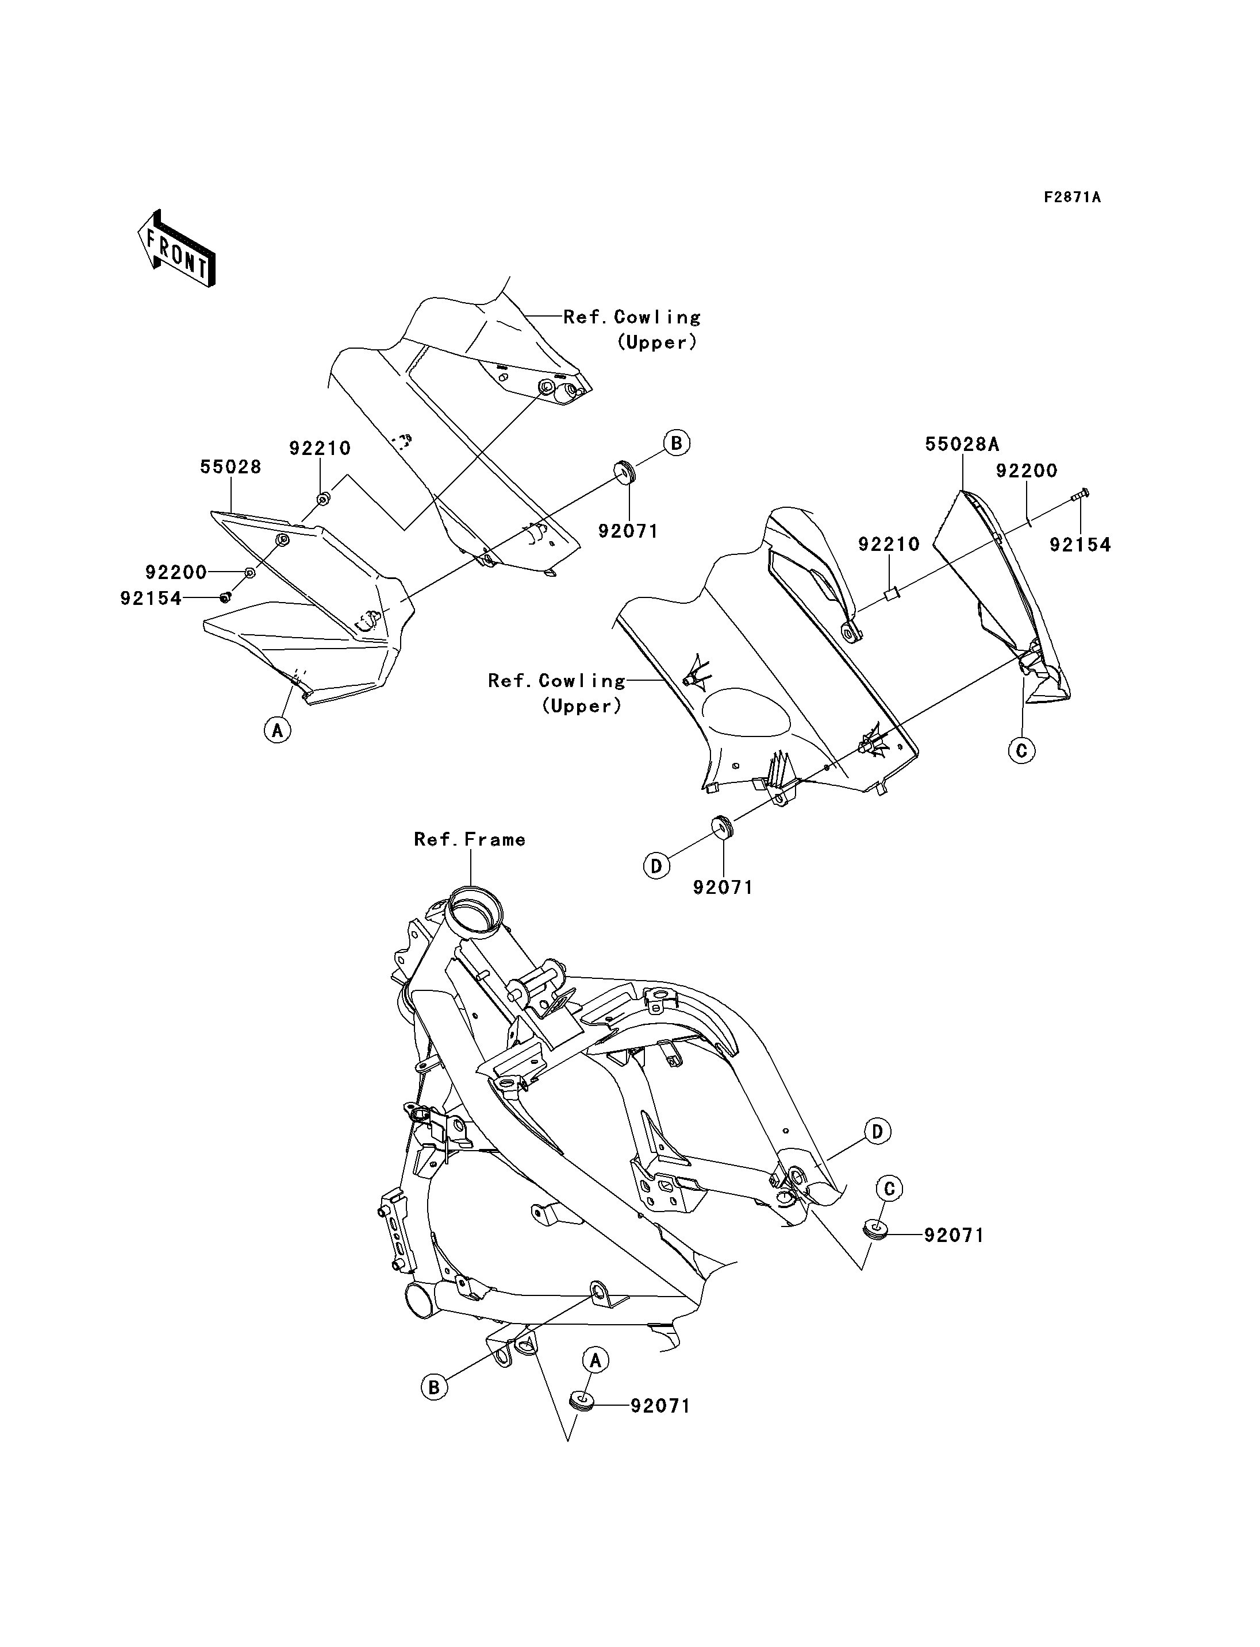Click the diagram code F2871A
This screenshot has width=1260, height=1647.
coord(1073,197)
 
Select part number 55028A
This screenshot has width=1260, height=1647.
coord(962,444)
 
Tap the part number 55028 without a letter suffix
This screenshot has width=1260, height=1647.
coord(231,467)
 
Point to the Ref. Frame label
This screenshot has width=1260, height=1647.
coord(470,839)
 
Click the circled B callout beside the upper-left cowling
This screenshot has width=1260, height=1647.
coord(677,443)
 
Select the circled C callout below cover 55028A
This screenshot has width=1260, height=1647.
coord(1021,749)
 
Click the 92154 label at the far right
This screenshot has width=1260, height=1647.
coord(1080,545)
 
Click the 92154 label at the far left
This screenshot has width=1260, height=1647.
coord(151,598)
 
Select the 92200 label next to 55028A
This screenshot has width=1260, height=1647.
coord(1027,471)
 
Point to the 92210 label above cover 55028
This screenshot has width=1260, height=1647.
coord(320,448)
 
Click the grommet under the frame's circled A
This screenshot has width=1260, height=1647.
coord(582,1399)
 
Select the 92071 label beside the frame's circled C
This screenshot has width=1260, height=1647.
coord(953,1235)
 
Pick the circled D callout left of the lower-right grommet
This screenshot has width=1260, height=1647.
coord(656,866)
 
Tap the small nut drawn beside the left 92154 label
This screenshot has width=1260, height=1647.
coord(224,597)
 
